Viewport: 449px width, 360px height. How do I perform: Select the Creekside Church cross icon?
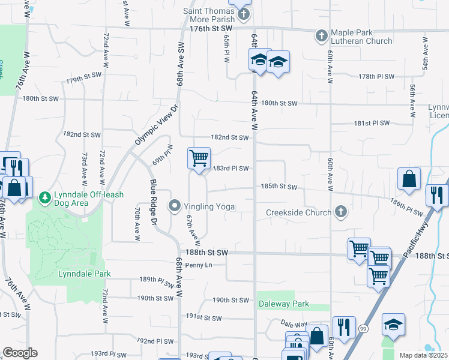340,212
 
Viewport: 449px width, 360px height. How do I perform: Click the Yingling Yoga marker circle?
175,206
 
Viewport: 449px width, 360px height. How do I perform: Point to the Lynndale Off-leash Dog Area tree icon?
44,197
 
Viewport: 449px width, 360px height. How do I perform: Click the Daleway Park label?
284,304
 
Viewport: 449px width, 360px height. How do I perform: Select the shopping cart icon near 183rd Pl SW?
199,158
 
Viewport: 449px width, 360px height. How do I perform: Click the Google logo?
20,352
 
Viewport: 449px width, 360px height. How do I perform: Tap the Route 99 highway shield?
363,329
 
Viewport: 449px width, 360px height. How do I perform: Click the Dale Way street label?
294,324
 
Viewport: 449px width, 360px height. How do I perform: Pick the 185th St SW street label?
279,187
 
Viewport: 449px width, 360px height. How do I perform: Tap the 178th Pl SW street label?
376,76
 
